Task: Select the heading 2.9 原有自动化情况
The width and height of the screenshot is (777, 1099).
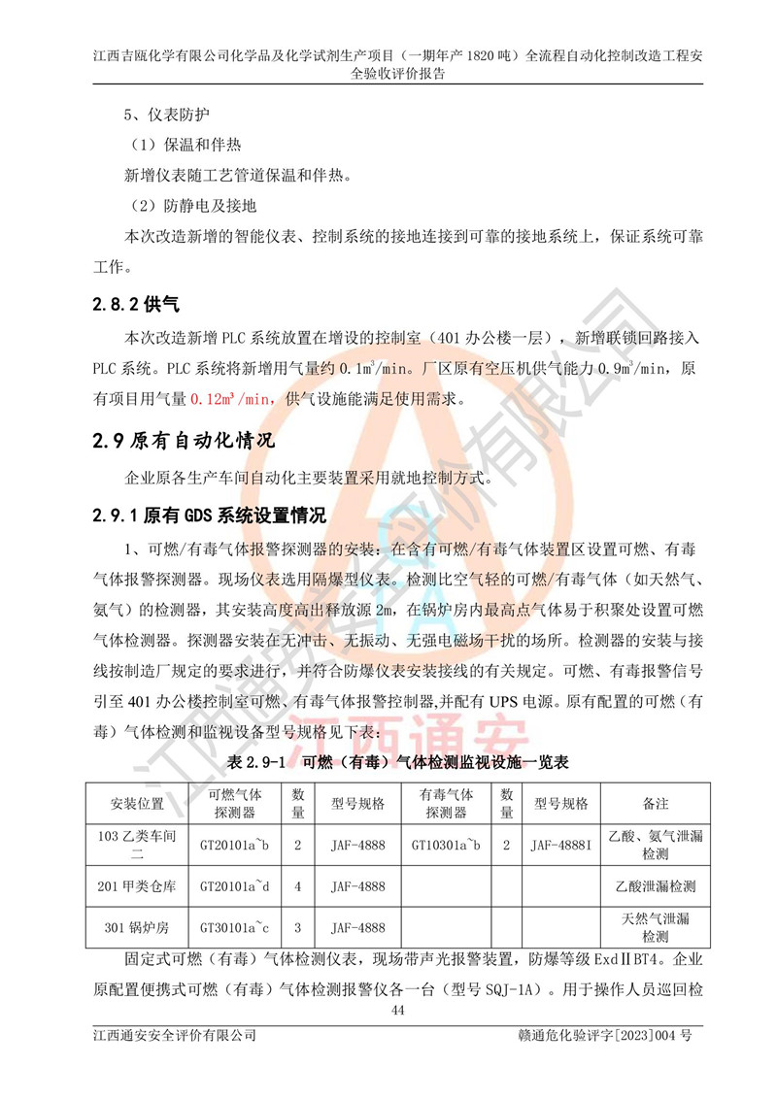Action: (x=184, y=441)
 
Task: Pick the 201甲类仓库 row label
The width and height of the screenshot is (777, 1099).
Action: (x=137, y=886)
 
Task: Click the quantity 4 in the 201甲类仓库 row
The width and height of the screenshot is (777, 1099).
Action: (x=298, y=886)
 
